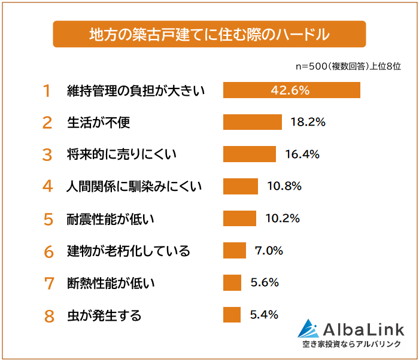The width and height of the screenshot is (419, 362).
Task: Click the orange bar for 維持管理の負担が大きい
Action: pyautogui.click(x=292, y=90)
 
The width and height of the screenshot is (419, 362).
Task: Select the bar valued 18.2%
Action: pyautogui.click(x=252, y=122)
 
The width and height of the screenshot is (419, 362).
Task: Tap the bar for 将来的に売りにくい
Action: pyautogui.click(x=250, y=154)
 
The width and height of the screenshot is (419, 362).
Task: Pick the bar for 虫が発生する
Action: pyautogui.click(x=232, y=315)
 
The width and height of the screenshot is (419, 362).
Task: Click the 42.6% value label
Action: pyautogui.click(x=290, y=90)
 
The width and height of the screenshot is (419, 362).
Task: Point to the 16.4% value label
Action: pyautogui.click(x=302, y=154)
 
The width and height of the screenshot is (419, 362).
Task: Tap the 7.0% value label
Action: pyautogui.click(x=269, y=251)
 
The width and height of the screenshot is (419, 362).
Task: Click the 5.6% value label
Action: pyautogui.click(x=264, y=282)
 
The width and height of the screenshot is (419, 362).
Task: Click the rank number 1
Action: pyautogui.click(x=47, y=91)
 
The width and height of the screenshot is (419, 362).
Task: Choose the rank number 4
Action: pyautogui.click(x=48, y=187)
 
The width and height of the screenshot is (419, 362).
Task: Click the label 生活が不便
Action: pyautogui.click(x=98, y=123)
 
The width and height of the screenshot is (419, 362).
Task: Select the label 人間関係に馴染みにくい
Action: pyautogui.click(x=134, y=187)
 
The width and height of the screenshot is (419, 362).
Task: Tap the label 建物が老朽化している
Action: pyautogui.click(x=128, y=251)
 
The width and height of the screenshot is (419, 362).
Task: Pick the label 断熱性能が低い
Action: pyautogui.click(x=110, y=283)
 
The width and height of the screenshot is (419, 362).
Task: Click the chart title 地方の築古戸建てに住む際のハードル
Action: pyautogui.click(x=209, y=34)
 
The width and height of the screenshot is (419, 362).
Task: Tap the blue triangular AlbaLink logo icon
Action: pyautogui.click(x=309, y=328)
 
